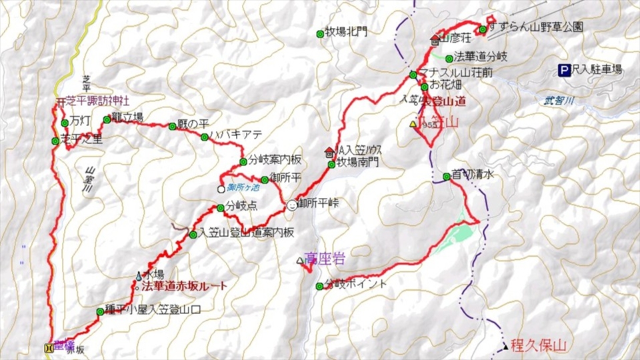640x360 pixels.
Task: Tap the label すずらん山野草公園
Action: (x=536, y=27)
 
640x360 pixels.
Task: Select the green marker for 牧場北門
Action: (x=320, y=32)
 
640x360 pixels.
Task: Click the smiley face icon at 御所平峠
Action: (x=291, y=206)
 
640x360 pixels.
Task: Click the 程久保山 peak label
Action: (x=538, y=345)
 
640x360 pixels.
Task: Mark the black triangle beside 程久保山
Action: (x=505, y=345)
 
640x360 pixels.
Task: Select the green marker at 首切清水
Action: (x=447, y=177)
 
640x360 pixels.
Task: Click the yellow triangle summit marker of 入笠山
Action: (x=413, y=123)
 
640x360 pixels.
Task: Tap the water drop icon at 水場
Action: (x=139, y=275)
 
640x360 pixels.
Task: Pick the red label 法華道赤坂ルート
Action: (x=185, y=286)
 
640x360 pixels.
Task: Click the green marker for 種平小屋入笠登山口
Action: (x=100, y=311)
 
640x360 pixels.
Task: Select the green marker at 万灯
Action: (x=64, y=123)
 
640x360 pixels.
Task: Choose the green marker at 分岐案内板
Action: (x=243, y=161)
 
